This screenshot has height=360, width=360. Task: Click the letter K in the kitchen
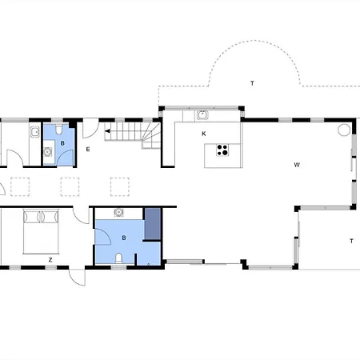coord(204,134)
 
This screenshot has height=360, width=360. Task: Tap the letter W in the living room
coord(297,165)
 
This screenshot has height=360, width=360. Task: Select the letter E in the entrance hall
coord(88,150)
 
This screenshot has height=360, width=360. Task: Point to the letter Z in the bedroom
coord(50,259)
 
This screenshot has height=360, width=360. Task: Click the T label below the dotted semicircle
coord(252,83)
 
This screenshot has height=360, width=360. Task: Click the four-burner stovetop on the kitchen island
coord(222,150)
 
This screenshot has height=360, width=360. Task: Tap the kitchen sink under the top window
coord(202,115)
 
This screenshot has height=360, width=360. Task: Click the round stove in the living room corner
coord(344,130)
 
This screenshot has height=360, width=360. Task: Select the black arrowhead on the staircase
coord(107,131)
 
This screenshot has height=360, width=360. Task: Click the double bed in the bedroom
coord(41,231)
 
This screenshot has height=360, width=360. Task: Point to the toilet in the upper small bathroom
coord(59,130)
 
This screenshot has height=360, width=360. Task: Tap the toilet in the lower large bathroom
coord(118,258)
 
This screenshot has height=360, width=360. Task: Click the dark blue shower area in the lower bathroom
coord(153,224)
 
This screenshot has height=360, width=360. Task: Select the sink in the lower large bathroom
coord(118,212)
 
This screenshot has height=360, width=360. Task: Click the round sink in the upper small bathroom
coord(48,152)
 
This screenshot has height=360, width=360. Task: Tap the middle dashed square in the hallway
coord(70,187)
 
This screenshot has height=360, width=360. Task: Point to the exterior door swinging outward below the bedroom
coord(77,278)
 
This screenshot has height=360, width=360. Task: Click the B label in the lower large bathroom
coord(124,238)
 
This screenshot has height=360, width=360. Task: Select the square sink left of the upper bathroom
coord(35,132)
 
